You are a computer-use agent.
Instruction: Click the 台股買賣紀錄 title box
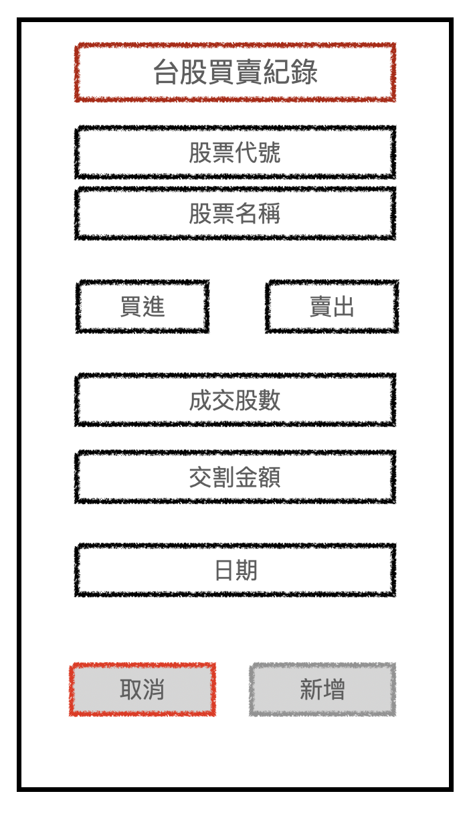pyautogui.click(x=235, y=72)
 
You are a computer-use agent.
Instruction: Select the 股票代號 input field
pyautogui.click(x=235, y=153)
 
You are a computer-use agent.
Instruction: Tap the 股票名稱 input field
pyautogui.click(x=235, y=214)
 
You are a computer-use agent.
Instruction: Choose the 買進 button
pyautogui.click(x=143, y=307)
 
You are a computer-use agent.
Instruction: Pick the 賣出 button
pyautogui.click(x=332, y=307)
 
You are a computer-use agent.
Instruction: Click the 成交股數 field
pyautogui.click(x=235, y=400)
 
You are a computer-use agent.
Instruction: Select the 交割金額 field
pyautogui.click(x=235, y=477)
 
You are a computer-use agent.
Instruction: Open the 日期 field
pyautogui.click(x=235, y=570)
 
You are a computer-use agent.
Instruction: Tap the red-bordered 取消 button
pyautogui.click(x=143, y=689)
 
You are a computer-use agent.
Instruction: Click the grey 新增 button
pyautogui.click(x=322, y=689)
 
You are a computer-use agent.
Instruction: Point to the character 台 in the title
pyautogui.click(x=166, y=72)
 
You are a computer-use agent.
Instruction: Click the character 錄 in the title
pyautogui.click(x=305, y=72)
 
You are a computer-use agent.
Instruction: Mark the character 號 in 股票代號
pyautogui.click(x=270, y=153)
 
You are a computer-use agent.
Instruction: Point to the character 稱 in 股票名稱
pyautogui.click(x=270, y=214)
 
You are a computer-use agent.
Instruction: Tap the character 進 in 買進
pyautogui.click(x=154, y=307)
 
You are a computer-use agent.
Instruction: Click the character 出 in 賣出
pyautogui.click(x=343, y=307)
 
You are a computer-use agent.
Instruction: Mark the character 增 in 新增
pyautogui.click(x=334, y=690)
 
